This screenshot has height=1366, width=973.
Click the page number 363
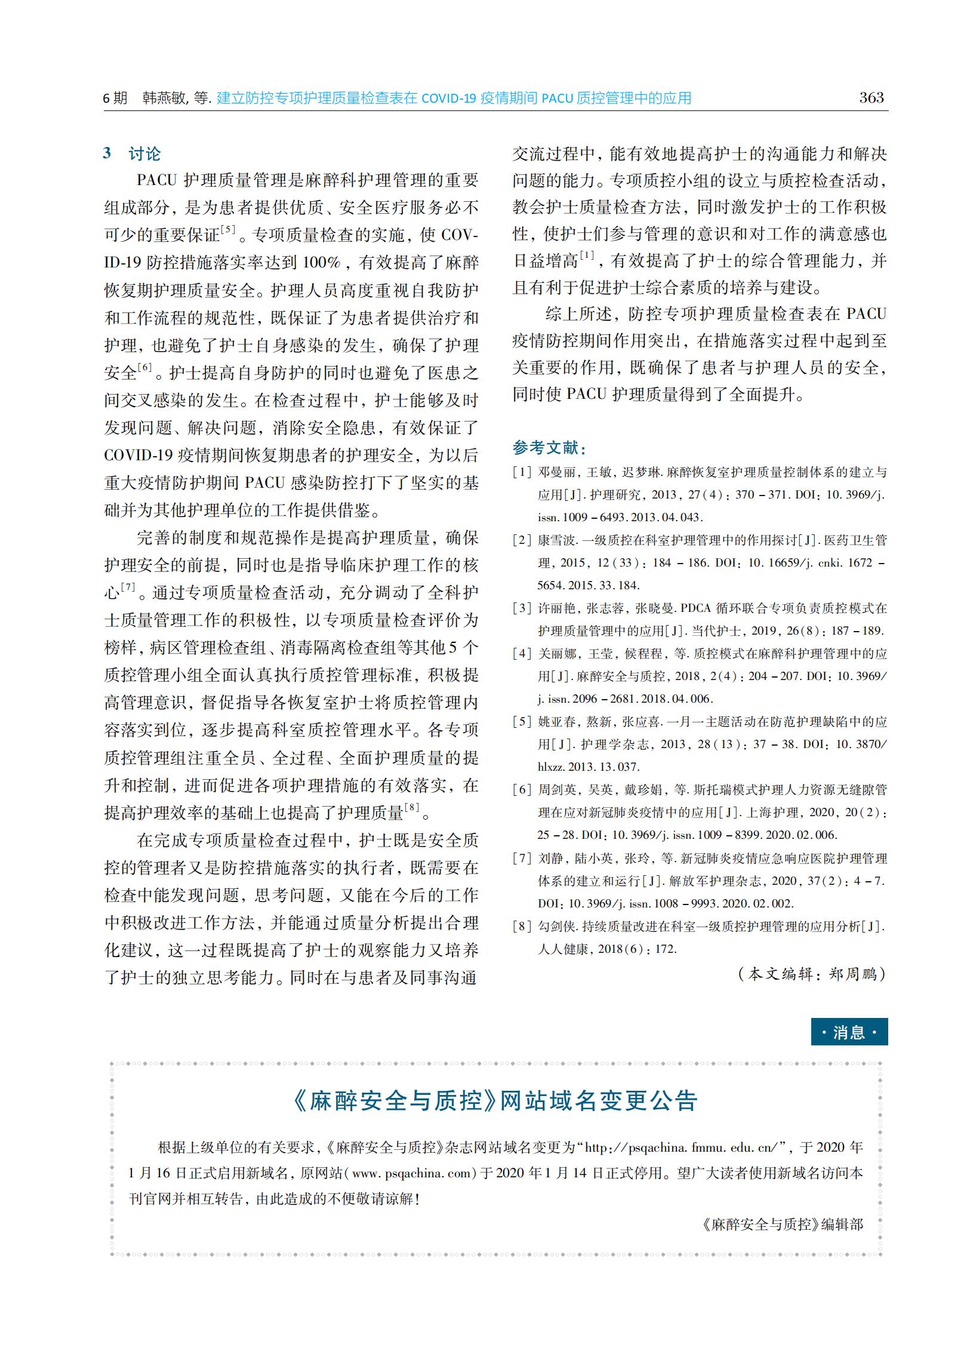pyautogui.click(x=871, y=98)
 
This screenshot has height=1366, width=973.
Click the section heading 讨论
pyautogui.click(x=144, y=154)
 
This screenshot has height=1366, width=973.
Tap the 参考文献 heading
pyautogui.click(x=549, y=448)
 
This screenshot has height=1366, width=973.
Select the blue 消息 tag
pyautogui.click(x=849, y=1032)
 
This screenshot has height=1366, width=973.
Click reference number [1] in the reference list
pyautogui.click(x=522, y=472)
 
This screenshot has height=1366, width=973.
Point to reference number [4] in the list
pyautogui.click(x=522, y=654)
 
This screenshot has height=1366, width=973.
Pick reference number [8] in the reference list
pyautogui.click(x=522, y=926)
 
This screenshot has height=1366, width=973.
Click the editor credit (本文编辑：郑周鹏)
pyautogui.click(x=812, y=974)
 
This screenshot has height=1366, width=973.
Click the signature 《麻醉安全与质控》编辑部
pyautogui.click(x=783, y=1225)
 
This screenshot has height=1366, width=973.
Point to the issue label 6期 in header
pyautogui.click(x=115, y=99)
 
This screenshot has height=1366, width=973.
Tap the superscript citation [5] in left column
pyautogui.click(x=228, y=229)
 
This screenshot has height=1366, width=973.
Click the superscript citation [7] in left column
pyautogui.click(x=128, y=587)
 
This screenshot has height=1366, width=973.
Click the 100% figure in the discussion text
pyautogui.click(x=321, y=263)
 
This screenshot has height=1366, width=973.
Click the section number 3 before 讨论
pyautogui.click(x=107, y=153)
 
